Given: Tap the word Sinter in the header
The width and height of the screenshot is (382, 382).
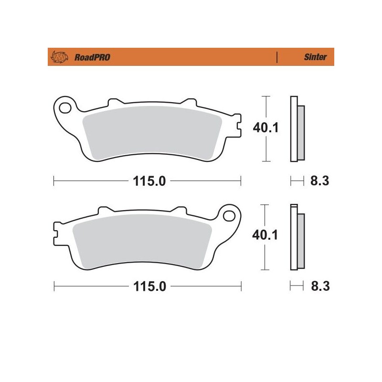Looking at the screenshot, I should [316, 57].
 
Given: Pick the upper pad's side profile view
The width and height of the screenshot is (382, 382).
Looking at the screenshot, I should [297, 130].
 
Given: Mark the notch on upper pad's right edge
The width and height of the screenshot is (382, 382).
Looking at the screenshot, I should [237, 127].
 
